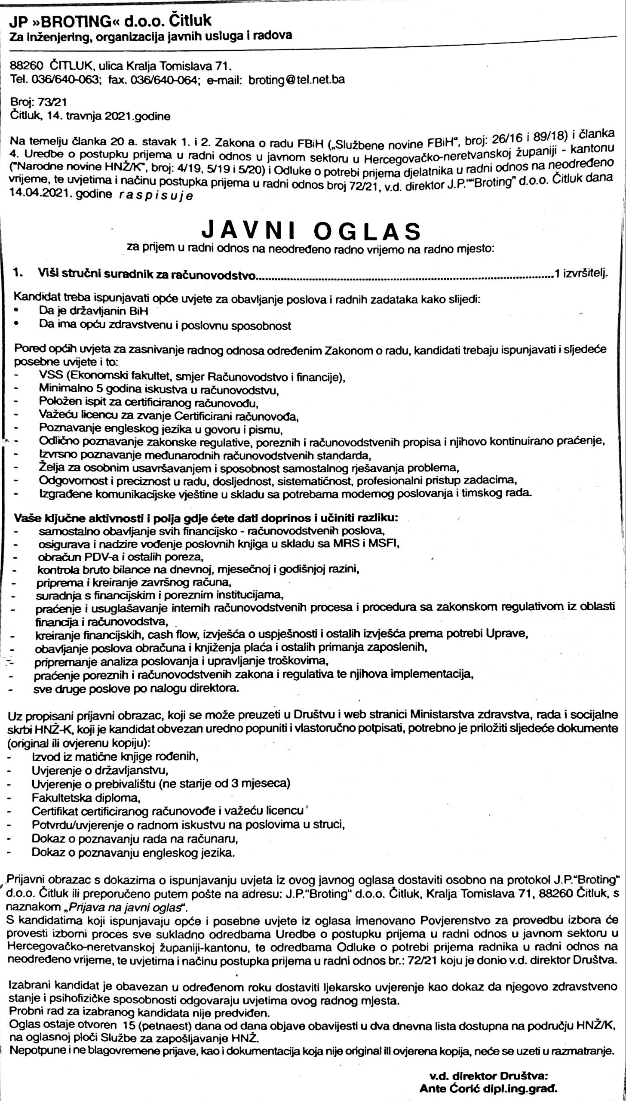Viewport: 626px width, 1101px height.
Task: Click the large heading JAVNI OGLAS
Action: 311,231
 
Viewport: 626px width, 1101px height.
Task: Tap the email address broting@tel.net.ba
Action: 297,80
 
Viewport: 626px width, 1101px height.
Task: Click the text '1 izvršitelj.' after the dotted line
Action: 581,274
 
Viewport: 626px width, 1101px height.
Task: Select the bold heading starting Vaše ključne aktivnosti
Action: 206,517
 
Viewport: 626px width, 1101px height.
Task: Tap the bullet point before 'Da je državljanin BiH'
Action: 16,310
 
